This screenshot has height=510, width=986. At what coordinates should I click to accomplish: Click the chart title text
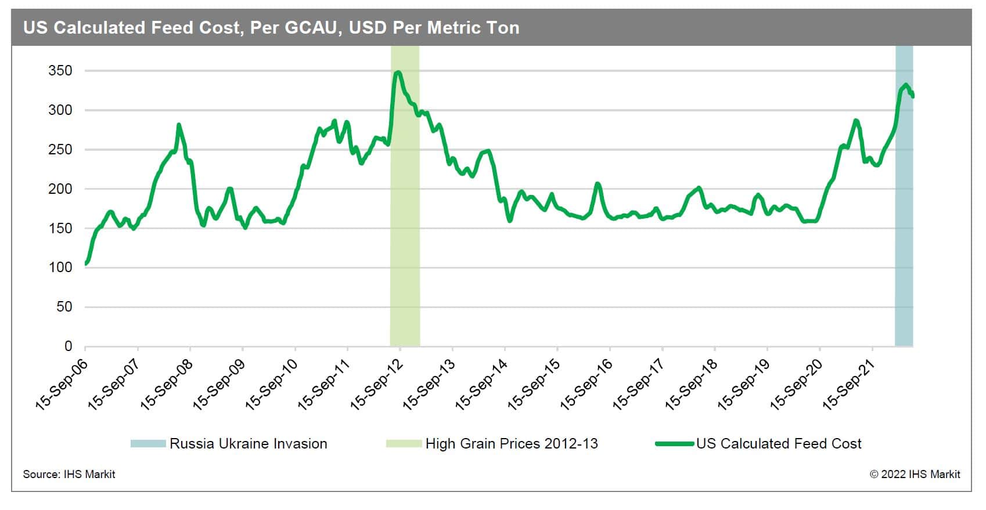point(271,28)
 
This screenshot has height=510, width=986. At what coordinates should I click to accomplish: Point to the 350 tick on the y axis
point(60,71)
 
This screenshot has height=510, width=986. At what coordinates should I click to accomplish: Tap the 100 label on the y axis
point(60,267)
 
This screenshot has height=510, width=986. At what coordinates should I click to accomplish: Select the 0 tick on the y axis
point(68,346)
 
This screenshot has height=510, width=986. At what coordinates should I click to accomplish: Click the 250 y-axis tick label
point(60,150)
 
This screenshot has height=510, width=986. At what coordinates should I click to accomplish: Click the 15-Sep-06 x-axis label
point(62,384)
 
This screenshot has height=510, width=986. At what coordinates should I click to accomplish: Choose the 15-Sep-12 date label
point(377,384)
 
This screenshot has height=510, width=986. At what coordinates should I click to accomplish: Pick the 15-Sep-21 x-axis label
point(849,384)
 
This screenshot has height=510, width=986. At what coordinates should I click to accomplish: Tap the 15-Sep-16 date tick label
point(586,384)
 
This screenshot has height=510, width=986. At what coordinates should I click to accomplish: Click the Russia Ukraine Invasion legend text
point(249,444)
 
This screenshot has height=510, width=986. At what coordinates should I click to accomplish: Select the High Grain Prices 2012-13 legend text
point(512,444)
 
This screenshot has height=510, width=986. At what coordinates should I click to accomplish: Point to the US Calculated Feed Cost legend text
point(779,444)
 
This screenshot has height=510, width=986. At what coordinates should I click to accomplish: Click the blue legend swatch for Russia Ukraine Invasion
point(148,444)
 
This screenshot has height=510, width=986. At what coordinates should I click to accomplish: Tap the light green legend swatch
point(404,444)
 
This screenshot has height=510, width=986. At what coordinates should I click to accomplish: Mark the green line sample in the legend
point(675,444)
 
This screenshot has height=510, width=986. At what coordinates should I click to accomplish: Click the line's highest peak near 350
point(398,73)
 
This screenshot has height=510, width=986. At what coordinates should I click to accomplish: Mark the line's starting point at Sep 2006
point(86,264)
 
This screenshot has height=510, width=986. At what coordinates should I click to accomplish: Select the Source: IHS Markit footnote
point(69,475)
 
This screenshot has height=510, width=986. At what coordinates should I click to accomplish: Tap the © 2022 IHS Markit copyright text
point(915,475)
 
